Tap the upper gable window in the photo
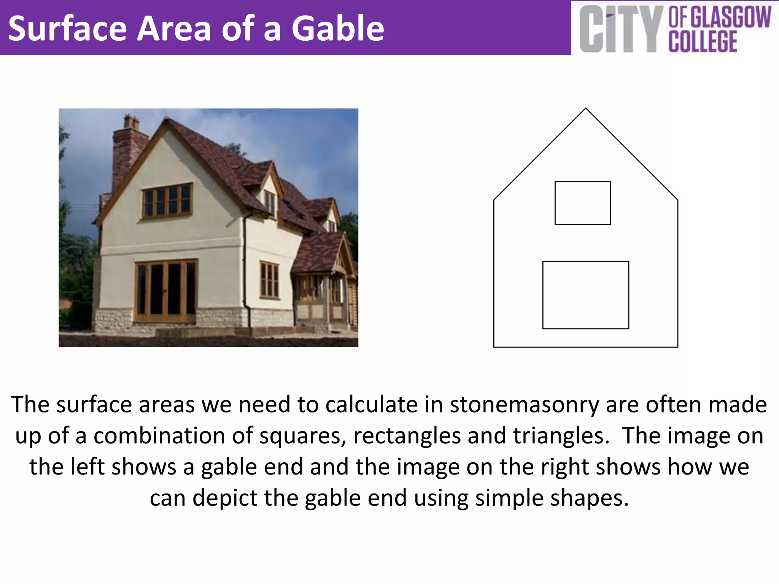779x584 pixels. (x=167, y=200)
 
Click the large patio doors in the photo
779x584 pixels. (x=166, y=290)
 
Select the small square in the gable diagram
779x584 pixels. (x=582, y=203)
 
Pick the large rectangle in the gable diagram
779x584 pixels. (x=585, y=295)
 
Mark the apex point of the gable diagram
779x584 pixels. (x=586, y=109)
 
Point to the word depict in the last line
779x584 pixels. (x=225, y=498)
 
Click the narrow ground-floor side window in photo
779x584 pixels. (x=269, y=280)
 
